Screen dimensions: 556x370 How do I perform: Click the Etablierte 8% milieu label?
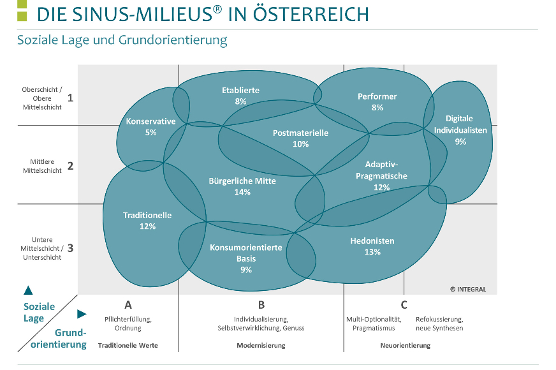240,96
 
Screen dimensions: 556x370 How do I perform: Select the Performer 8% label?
377,102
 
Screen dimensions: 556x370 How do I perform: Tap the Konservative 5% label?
150,127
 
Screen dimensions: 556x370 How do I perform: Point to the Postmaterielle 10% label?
300,138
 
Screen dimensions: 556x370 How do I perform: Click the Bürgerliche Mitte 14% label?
242,186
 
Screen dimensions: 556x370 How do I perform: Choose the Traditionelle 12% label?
147,221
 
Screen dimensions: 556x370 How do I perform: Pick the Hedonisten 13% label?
372,246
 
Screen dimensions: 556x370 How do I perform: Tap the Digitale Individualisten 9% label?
460,130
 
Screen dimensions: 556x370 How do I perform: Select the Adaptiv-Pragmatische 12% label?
381,175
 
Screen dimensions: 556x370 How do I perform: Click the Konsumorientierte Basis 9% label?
245,258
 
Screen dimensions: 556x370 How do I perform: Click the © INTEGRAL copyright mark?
468,289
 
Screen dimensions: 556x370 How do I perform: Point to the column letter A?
128,305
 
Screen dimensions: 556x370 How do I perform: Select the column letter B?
261,305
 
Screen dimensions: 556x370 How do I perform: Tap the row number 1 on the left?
71,98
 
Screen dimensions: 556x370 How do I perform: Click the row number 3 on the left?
70,248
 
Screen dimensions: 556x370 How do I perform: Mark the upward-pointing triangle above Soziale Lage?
28,290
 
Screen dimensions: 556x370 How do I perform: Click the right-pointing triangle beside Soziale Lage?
82,314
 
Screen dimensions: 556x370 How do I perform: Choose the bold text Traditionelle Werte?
128,345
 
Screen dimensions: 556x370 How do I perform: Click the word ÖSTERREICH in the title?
311,13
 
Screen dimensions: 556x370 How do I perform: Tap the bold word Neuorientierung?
406,346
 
